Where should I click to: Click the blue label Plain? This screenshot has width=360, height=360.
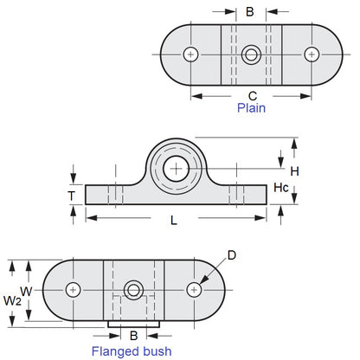pyautogui.click(x=252, y=108)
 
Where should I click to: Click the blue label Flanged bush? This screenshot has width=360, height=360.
pyautogui.click(x=132, y=351)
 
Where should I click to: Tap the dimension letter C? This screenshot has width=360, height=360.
pyautogui.click(x=252, y=95)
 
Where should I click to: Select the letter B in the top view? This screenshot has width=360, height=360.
pyautogui.click(x=250, y=12)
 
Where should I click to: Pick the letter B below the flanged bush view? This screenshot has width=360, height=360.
pyautogui.click(x=132, y=335)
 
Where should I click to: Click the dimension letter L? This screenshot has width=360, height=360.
pyautogui.click(x=174, y=221)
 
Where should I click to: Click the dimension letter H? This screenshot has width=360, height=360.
pyautogui.click(x=294, y=171)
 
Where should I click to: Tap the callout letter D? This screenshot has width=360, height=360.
pyautogui.click(x=231, y=255)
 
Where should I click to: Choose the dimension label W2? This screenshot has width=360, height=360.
pyautogui.click(x=11, y=301)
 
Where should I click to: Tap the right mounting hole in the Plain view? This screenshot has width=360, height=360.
pyautogui.click(x=309, y=55)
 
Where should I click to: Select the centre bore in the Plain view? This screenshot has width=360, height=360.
pyautogui.click(x=250, y=55)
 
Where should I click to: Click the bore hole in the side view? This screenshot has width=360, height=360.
pyautogui.click(x=177, y=168)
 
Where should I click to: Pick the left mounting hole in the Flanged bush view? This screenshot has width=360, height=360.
pyautogui.click(x=74, y=289)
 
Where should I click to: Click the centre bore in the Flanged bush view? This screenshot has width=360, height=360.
pyautogui.click(x=133, y=289)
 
